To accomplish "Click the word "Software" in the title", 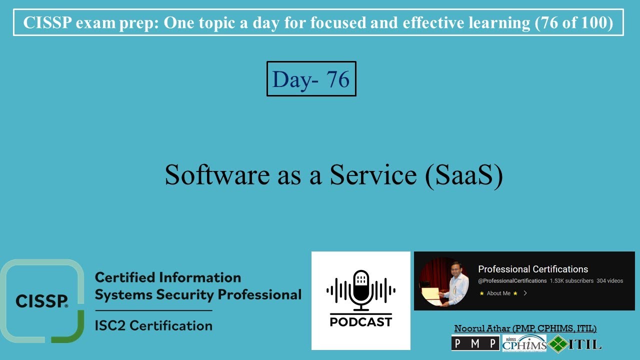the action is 217,175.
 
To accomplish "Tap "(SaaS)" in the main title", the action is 464,175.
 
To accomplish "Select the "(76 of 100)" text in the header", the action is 574,23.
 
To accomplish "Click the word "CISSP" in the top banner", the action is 47,22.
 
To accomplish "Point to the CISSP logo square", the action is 42,301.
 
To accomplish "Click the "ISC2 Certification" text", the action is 153,325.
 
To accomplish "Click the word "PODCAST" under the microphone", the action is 361,322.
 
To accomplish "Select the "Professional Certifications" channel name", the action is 533,269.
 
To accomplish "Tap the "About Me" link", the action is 498,293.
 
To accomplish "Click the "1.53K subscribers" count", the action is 571,281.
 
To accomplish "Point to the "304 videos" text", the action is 609,281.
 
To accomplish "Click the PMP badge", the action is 475,343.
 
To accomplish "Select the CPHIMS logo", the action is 524,343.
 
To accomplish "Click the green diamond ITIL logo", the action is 558,344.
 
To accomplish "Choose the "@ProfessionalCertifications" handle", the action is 512,281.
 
